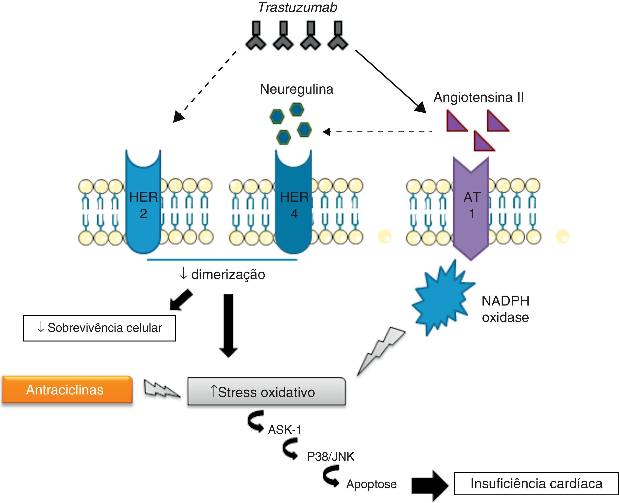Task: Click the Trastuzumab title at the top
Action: coord(297,7)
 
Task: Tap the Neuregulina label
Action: coord(296,89)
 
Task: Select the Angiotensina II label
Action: coord(478,97)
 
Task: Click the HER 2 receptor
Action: coord(143,203)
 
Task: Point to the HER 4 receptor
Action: coord(294,203)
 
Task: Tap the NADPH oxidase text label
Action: coord(505,309)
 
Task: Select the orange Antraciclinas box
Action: coord(67,390)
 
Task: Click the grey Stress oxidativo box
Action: coord(266,392)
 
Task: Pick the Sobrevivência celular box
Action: coord(99,328)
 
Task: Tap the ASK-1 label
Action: coord(284,430)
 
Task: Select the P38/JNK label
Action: coord(331,457)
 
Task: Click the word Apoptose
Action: coord(371,484)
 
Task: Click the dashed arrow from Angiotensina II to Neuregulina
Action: coord(377,132)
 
